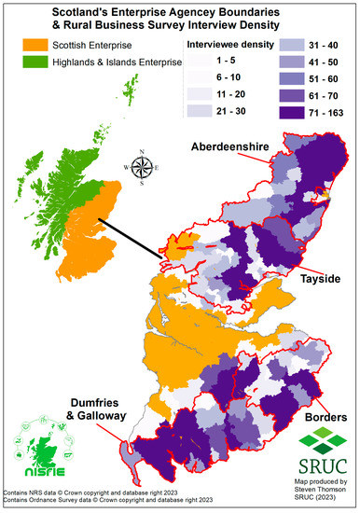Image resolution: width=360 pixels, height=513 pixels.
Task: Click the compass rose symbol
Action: point(143,169)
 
